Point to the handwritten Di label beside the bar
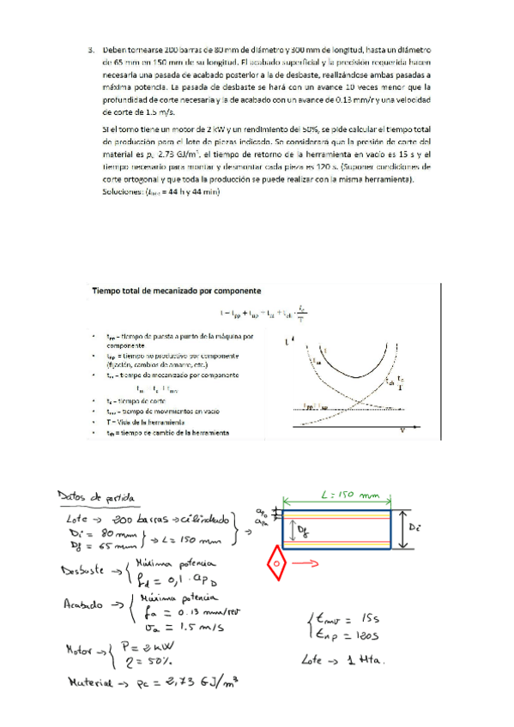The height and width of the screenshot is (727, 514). click(415, 521)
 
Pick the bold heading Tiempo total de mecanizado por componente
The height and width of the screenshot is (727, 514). click(174, 292)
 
